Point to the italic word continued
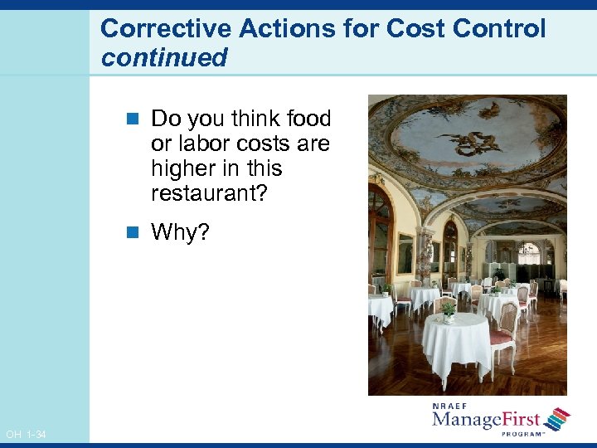[163, 57]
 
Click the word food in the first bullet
[308, 119]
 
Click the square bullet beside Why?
[136, 233]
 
